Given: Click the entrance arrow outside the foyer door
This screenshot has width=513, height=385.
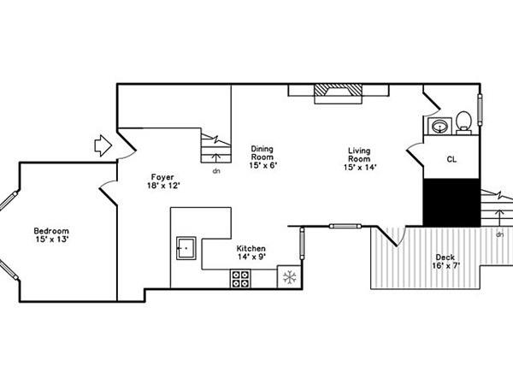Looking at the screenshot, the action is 103,145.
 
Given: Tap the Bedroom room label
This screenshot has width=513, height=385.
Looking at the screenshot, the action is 51,231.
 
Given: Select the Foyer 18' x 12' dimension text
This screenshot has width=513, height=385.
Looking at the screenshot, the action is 163,186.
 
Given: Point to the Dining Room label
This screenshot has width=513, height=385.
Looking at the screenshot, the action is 262,153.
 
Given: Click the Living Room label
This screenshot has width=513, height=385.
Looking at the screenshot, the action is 359,155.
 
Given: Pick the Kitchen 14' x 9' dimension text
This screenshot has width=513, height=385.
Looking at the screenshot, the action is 251,257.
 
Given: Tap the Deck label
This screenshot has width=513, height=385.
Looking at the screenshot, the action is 445,258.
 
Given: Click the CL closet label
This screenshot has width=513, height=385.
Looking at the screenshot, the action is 451,159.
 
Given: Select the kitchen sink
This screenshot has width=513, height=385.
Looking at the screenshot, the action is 186,248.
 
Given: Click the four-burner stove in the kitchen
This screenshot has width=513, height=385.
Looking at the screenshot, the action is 241,279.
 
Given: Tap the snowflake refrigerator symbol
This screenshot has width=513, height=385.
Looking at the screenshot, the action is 290,277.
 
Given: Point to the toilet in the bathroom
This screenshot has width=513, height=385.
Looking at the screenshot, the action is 464,122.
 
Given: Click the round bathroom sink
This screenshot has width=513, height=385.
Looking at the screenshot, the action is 440,126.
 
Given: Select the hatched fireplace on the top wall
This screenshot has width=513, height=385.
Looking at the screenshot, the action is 338,94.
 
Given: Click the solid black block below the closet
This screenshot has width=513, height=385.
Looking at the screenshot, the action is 451,202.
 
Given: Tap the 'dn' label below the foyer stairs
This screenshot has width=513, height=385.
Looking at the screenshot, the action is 216,171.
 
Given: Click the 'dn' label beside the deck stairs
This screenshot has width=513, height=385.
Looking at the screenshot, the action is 499,234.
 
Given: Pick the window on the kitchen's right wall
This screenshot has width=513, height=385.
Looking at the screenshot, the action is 302,244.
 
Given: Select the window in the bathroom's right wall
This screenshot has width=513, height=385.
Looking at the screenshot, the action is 481,110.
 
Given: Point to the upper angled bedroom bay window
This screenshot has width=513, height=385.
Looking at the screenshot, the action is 9,200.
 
